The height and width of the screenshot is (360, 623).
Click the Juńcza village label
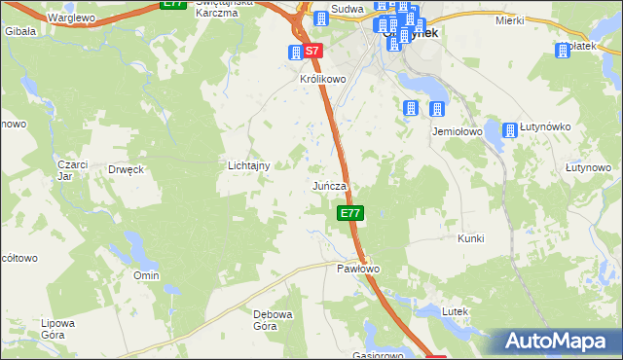pyautogui.click(x=330, y=185)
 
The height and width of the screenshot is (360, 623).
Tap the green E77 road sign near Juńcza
pyautogui.click(x=350, y=213)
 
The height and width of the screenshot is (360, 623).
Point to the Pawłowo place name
pyautogui.click(x=357, y=268)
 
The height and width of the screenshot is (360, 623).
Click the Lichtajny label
pyautogui.click(x=248, y=166)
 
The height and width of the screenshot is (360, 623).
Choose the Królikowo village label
pyautogui.click(x=323, y=80)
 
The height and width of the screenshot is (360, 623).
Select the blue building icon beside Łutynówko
pyautogui.click(x=511, y=129)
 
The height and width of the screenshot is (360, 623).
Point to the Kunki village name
pyautogui.click(x=471, y=238)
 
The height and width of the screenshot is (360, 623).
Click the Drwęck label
pyautogui.click(x=127, y=168)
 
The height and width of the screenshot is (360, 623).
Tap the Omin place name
pyautogui.click(x=146, y=275)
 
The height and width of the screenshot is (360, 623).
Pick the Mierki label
pyautogui.click(x=509, y=19)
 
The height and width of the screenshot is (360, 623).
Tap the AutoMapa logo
pyautogui.click(x=558, y=342)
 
